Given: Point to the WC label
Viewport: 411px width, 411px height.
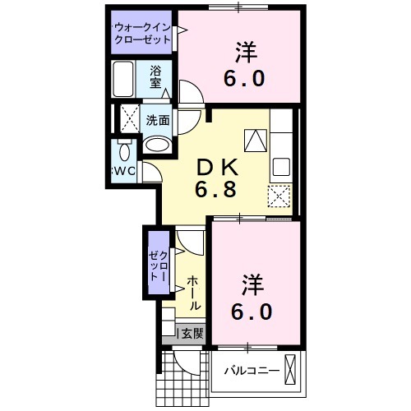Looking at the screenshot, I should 124,172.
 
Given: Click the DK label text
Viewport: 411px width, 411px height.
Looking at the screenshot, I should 215,168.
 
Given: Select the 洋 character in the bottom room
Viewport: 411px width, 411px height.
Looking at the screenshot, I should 252,287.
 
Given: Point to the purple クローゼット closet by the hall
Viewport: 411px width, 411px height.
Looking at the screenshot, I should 157,267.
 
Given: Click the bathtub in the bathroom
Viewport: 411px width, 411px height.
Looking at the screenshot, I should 127,81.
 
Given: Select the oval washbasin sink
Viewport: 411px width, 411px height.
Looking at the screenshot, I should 156,145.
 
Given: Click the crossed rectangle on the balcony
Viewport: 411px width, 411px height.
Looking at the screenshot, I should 290,366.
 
